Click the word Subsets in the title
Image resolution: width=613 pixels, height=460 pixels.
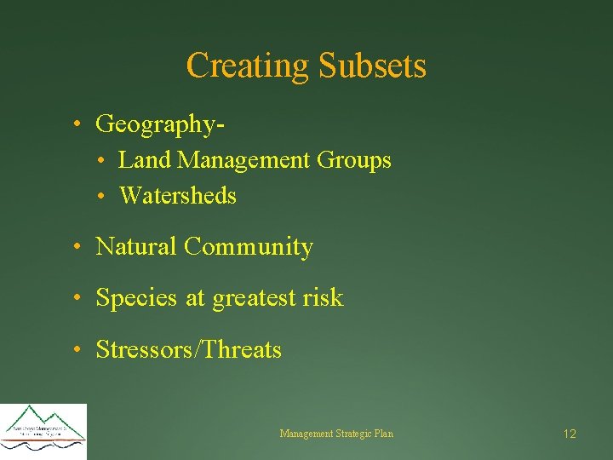371,66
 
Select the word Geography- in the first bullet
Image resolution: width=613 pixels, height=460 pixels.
161,124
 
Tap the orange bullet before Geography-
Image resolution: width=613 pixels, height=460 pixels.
77,124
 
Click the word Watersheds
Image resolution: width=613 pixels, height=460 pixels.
178,196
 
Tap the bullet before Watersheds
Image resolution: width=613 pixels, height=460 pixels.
100,197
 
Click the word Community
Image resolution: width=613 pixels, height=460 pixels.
249,247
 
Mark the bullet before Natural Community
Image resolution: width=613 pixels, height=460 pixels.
77,248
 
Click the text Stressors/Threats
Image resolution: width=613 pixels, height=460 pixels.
188,349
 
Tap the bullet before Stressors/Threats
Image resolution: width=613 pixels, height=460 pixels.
77,350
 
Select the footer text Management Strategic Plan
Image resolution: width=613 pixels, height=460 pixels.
336,434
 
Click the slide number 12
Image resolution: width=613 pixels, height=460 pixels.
570,434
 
